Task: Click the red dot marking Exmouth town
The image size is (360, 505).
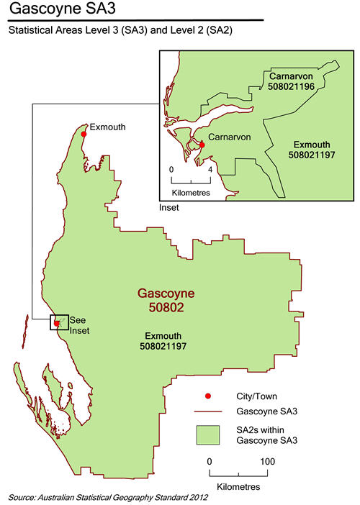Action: coord(84,134)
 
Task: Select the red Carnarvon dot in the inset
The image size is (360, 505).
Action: coord(202,145)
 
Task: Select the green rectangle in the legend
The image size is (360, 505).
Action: coord(210,434)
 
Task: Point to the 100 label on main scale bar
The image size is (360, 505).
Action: coord(267,460)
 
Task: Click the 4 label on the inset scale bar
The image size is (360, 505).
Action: coord(210,170)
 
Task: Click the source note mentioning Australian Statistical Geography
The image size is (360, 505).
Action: coord(108,497)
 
